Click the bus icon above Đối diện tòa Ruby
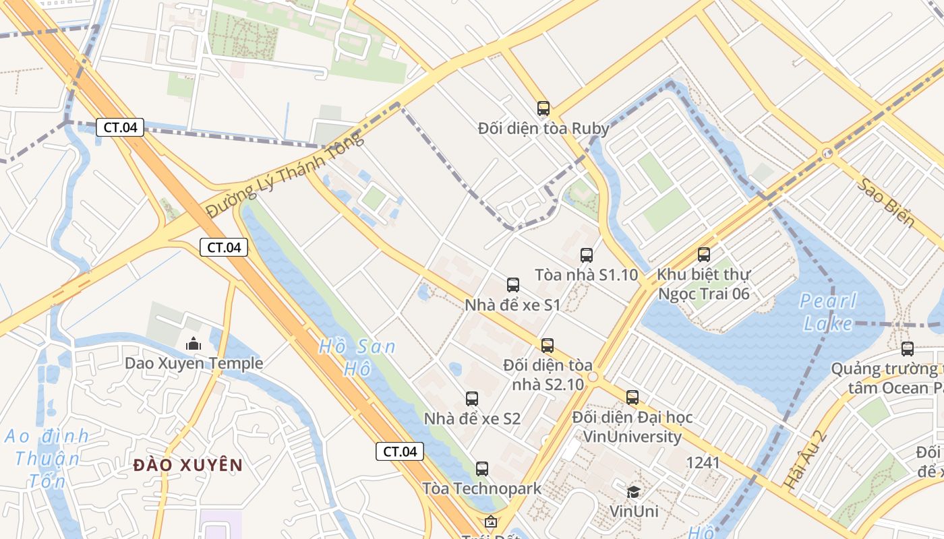click(x=543, y=108)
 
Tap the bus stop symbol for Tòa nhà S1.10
click(x=587, y=255)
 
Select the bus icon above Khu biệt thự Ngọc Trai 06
click(x=704, y=255)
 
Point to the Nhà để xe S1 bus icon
click(x=513, y=285)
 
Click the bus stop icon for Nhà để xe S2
click(x=472, y=399)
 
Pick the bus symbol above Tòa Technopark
click(x=482, y=469)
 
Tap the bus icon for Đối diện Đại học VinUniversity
click(x=632, y=398)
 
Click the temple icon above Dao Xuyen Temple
click(x=194, y=344)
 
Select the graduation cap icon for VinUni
click(x=633, y=492)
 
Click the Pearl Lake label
click(x=828, y=312)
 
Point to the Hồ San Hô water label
click(x=357, y=358)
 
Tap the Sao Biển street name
click(x=886, y=203)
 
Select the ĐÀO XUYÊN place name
click(x=187, y=465)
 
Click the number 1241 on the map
click(x=703, y=463)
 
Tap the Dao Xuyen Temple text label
click(x=194, y=364)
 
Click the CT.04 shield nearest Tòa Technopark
click(x=400, y=451)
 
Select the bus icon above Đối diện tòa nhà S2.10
click(x=548, y=346)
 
